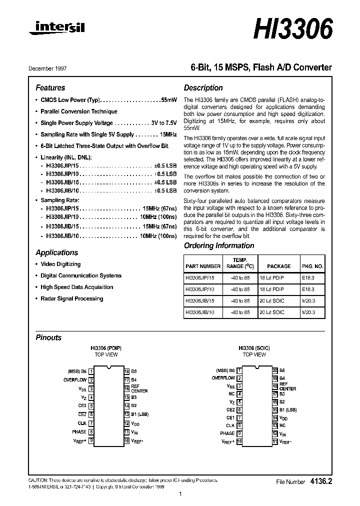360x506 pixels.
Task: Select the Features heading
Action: (50, 87)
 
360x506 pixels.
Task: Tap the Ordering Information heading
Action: (219, 245)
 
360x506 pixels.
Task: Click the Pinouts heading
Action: (48, 337)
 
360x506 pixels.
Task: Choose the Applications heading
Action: (57, 252)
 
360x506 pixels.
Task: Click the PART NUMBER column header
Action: (202, 266)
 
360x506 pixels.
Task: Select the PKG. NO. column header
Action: (312, 266)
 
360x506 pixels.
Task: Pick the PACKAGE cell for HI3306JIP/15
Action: (272, 277)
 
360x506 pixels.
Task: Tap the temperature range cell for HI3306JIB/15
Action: (238, 300)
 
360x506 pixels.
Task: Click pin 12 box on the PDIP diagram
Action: (127, 423)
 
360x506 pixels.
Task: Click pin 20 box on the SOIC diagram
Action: (275, 370)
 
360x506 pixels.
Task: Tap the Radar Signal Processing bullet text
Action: (71, 298)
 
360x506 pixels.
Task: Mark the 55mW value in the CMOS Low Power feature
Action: (168, 100)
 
